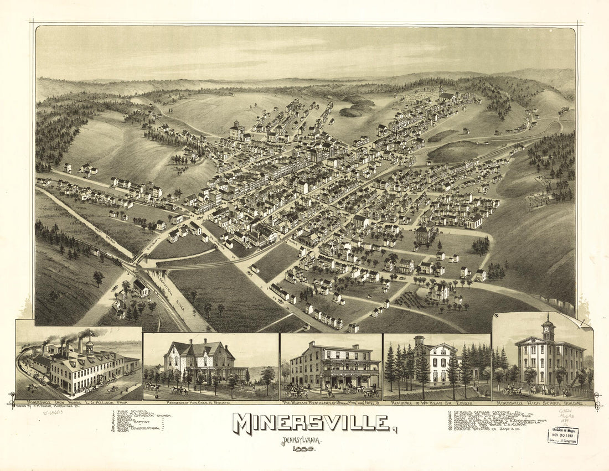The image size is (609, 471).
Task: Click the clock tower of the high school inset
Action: point(548,330)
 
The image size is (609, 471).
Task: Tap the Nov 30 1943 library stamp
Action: point(563,436)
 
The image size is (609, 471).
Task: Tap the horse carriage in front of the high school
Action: point(513,391)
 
